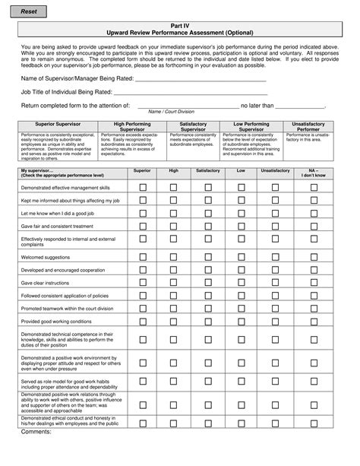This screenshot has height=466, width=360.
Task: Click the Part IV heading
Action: [x=179, y=25]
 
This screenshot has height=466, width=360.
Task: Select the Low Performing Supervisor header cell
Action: [x=251, y=126]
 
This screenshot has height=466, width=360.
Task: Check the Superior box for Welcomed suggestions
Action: [x=142, y=257]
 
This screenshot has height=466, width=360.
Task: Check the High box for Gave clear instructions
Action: [x=174, y=283]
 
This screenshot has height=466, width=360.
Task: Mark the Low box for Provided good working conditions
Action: [x=241, y=322]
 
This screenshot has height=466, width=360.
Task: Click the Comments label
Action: [x=36, y=431]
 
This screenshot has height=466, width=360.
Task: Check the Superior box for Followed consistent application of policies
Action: [x=142, y=295]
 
